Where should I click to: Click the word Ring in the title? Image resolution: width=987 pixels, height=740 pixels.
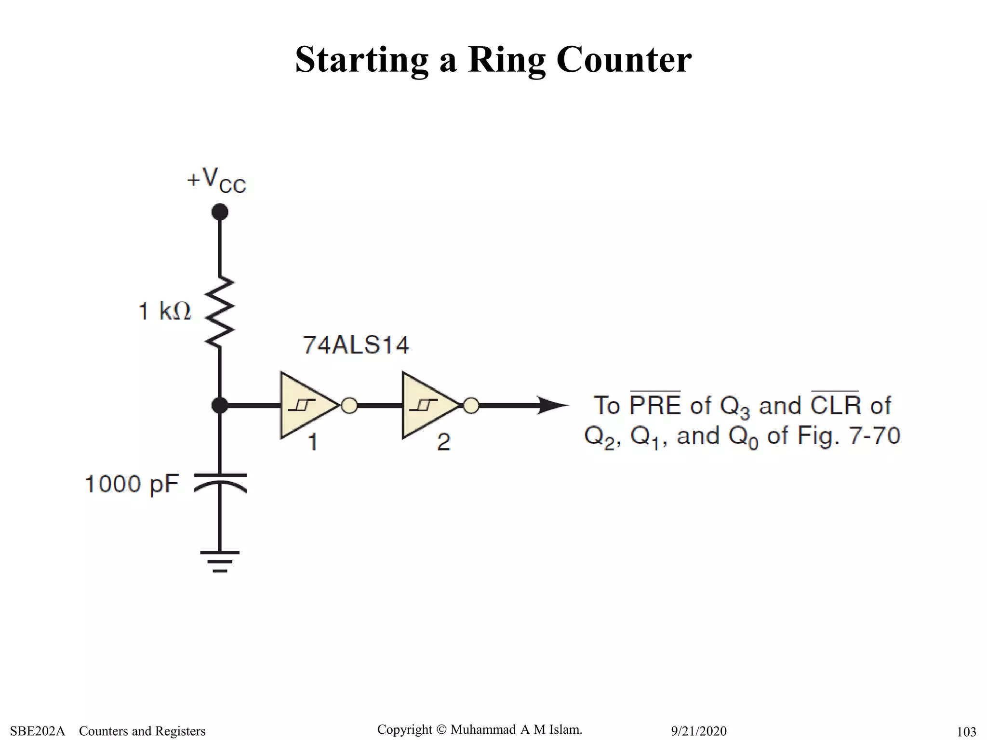click(x=506, y=60)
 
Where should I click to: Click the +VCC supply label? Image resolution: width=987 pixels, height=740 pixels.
click(x=216, y=181)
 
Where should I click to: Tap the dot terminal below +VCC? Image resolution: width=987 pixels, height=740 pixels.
click(x=220, y=212)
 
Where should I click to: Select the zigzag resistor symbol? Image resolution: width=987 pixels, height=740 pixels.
click(x=220, y=312)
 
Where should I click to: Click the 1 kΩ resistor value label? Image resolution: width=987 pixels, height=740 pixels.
click(x=165, y=311)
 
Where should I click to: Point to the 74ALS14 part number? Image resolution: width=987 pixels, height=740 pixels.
click(x=356, y=345)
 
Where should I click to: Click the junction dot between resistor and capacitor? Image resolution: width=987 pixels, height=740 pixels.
click(x=220, y=405)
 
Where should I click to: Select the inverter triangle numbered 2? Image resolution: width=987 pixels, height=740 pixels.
click(x=428, y=405)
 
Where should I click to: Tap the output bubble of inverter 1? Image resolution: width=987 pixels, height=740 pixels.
click(x=349, y=406)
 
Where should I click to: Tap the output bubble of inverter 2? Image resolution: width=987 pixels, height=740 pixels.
click(x=471, y=406)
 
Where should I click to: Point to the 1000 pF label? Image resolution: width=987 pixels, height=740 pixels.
click(x=132, y=484)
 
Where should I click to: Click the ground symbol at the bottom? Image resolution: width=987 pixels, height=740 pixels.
click(x=220, y=562)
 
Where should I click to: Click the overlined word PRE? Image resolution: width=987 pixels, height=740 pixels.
click(x=655, y=405)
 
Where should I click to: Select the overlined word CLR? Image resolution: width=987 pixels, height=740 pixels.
click(x=835, y=405)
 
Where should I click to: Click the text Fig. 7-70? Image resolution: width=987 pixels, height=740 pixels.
click(x=849, y=436)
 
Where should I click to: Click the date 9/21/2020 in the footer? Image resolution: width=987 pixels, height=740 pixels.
click(x=699, y=731)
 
